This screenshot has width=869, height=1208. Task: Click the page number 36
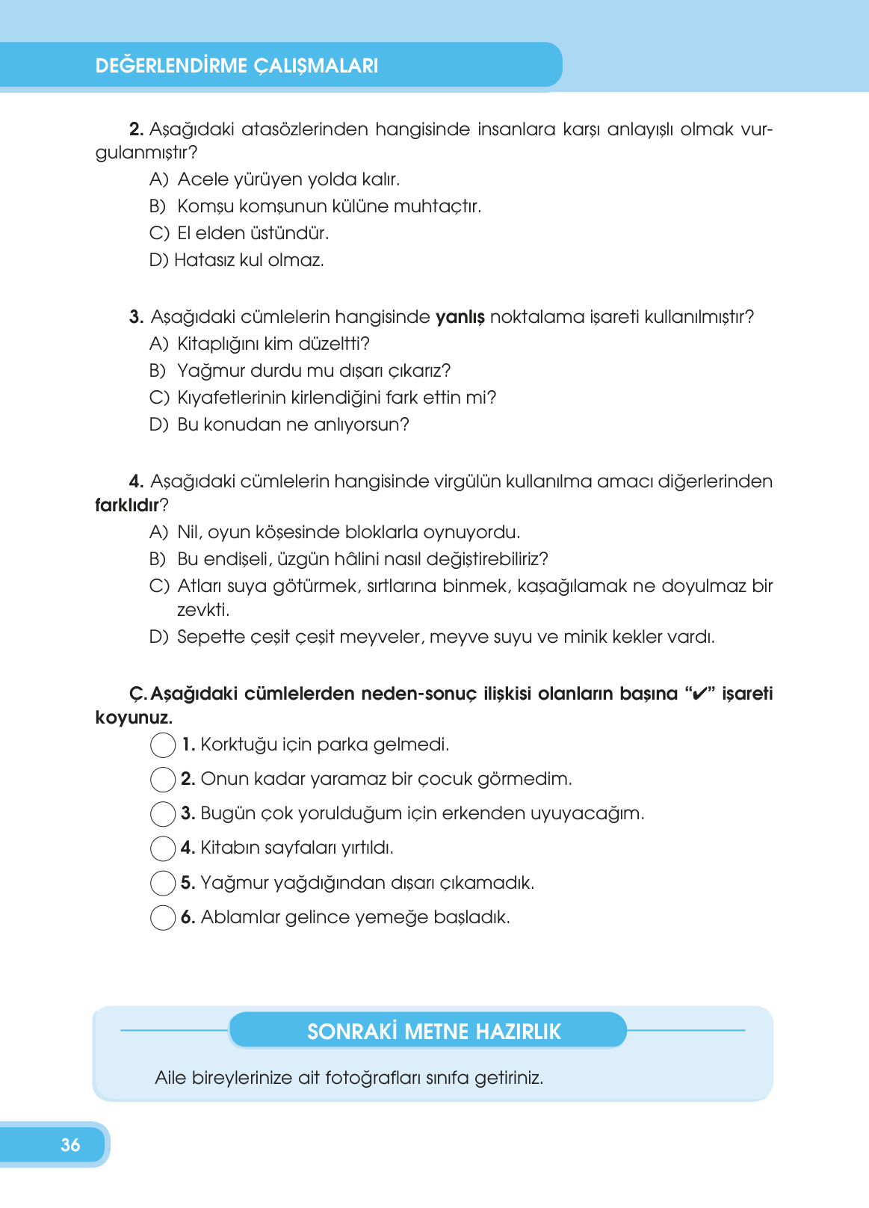70,1144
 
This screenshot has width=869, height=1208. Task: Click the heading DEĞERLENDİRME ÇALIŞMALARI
237,66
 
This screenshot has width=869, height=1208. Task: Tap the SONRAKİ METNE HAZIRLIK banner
433,1032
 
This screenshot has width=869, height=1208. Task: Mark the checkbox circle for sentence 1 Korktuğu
163,745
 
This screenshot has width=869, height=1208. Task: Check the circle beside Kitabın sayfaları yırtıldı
163,848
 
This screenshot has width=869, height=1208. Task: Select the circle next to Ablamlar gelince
163,917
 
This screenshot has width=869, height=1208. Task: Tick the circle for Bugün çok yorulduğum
163,814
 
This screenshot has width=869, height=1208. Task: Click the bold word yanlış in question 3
460,318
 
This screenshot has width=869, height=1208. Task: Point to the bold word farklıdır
127,505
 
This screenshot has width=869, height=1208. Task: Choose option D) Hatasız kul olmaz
237,260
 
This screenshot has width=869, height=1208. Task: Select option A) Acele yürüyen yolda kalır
274,179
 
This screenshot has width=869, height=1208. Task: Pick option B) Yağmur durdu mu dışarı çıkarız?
300,371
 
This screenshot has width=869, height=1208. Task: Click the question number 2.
136,129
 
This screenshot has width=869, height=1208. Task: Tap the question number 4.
136,481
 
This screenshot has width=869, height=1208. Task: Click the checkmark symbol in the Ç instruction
699,694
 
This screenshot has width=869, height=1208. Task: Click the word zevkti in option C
202,610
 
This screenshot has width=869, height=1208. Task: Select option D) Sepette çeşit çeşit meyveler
432,637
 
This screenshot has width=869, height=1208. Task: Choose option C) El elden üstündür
239,233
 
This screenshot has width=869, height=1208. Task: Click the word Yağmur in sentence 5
234,883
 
